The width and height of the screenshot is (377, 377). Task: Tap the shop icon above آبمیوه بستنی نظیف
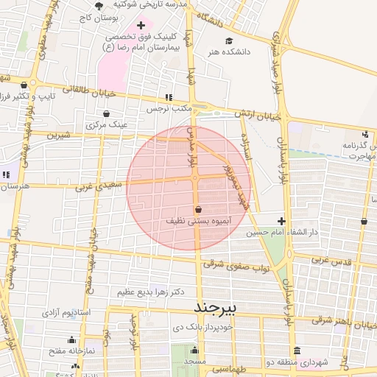point(199,209)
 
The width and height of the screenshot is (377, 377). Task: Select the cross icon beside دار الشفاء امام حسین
point(281,221)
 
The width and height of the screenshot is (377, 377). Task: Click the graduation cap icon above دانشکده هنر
point(229,41)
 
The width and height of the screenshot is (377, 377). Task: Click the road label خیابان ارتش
point(258,115)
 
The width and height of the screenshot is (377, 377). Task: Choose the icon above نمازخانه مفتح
point(71,340)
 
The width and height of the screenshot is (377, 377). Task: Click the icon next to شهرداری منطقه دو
point(296,350)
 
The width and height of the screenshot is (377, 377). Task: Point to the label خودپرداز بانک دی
point(202,326)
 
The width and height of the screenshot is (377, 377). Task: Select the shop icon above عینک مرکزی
point(108,113)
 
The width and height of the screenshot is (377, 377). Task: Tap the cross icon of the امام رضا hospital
point(141,26)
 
